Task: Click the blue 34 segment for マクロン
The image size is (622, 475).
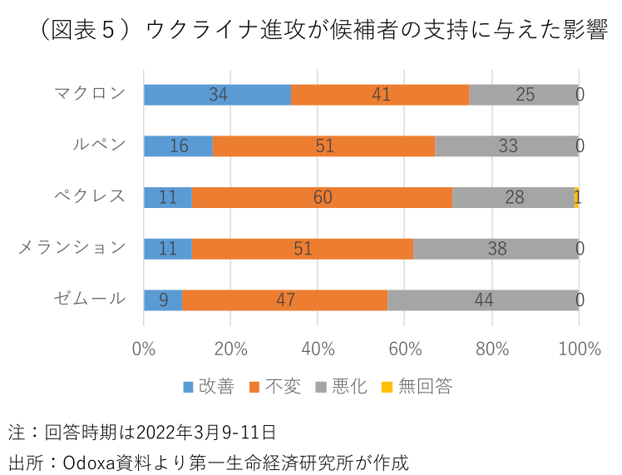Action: [x=217, y=95]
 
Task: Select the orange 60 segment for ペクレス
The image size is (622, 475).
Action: [x=322, y=197]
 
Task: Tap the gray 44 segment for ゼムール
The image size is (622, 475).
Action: [x=483, y=300]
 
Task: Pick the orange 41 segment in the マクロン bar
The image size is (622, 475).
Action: [x=380, y=95]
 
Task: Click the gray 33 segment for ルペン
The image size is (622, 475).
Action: [x=506, y=146]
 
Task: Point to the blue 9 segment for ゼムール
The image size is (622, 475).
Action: [x=163, y=300]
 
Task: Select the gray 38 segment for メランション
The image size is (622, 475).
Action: [x=496, y=249]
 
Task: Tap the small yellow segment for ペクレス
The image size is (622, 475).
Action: [x=577, y=197]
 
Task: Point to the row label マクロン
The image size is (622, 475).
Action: [x=90, y=93]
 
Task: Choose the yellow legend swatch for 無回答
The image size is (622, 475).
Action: [x=388, y=387]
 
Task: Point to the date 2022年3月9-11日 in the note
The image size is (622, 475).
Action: [x=205, y=433]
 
